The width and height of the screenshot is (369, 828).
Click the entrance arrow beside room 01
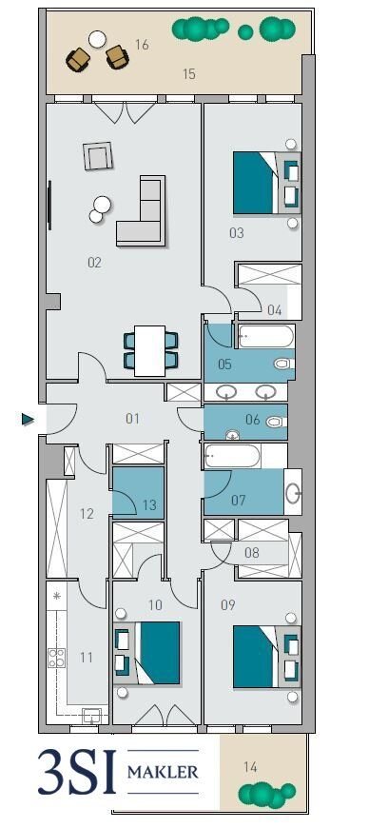click(28, 420)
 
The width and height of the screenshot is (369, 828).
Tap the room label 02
click(94, 263)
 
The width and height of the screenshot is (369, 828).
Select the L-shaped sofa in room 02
click(141, 211)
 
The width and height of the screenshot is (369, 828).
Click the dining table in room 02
click(150, 350)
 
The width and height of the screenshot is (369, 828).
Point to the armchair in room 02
click(98, 156)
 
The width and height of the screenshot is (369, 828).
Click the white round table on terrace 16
click(97, 39)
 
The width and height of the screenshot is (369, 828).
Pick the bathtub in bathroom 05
click(265, 336)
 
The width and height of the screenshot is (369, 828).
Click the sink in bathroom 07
click(293, 493)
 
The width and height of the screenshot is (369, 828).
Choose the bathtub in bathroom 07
click(232, 456)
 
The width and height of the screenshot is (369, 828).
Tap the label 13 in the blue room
click(149, 505)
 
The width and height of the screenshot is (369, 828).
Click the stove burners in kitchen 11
click(56, 658)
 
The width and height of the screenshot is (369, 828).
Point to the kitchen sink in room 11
click(91, 716)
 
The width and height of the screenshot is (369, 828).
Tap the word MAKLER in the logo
click(163, 772)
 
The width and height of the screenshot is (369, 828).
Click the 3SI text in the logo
click(76, 772)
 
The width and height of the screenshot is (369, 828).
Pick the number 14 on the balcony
click(250, 766)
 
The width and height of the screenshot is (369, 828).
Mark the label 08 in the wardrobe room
click(252, 553)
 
